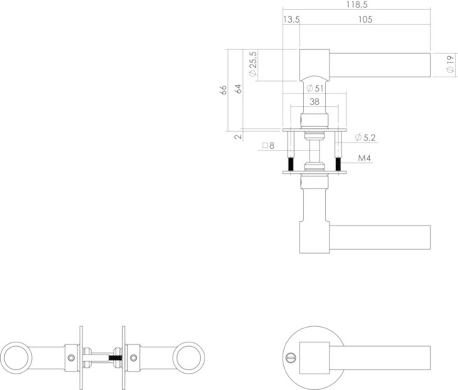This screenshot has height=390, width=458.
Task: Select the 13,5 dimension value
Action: pyautogui.click(x=291, y=19)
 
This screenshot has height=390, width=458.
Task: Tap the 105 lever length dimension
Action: pyautogui.click(x=365, y=19)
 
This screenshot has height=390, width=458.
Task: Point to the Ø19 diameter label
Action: pyautogui.click(x=450, y=64)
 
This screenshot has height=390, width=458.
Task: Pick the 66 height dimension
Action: pyautogui.click(x=223, y=90)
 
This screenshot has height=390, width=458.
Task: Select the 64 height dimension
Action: pyautogui.click(x=238, y=89)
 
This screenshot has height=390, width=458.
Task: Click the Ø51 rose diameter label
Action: pyautogui.click(x=315, y=88)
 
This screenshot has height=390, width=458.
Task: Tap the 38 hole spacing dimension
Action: pyautogui.click(x=314, y=102)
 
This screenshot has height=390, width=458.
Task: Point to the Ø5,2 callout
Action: pyautogui.click(x=365, y=137)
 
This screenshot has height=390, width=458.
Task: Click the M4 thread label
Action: pyautogui.click(x=364, y=158)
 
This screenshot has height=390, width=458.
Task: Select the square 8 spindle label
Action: pyautogui.click(x=269, y=146)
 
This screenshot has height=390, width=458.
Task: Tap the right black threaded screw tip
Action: pyautogui.click(x=339, y=164)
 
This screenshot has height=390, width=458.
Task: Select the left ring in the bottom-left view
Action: pyautogui.click(x=16, y=358)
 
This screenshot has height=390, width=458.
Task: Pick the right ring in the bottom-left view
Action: pyautogui.click(x=189, y=358)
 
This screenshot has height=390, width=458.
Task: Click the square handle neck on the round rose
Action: pyautogui.click(x=314, y=357)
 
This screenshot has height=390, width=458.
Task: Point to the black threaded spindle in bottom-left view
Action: pyautogui.click(x=115, y=357)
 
